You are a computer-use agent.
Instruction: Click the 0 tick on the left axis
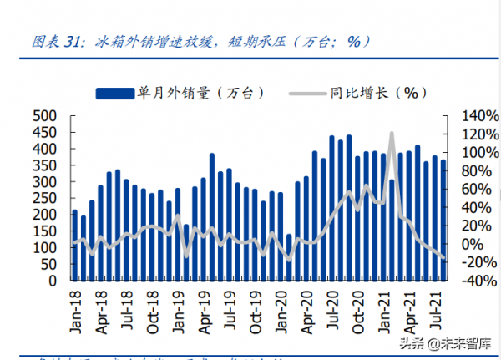52,281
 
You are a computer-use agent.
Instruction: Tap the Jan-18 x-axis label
75,313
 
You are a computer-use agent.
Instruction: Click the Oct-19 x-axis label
156,313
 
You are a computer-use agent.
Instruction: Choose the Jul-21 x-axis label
434,313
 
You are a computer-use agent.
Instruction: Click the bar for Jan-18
74,246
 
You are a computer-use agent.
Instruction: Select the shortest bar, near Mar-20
290,257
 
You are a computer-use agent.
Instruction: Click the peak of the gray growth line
392,133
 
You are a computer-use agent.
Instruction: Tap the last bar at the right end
443,221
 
